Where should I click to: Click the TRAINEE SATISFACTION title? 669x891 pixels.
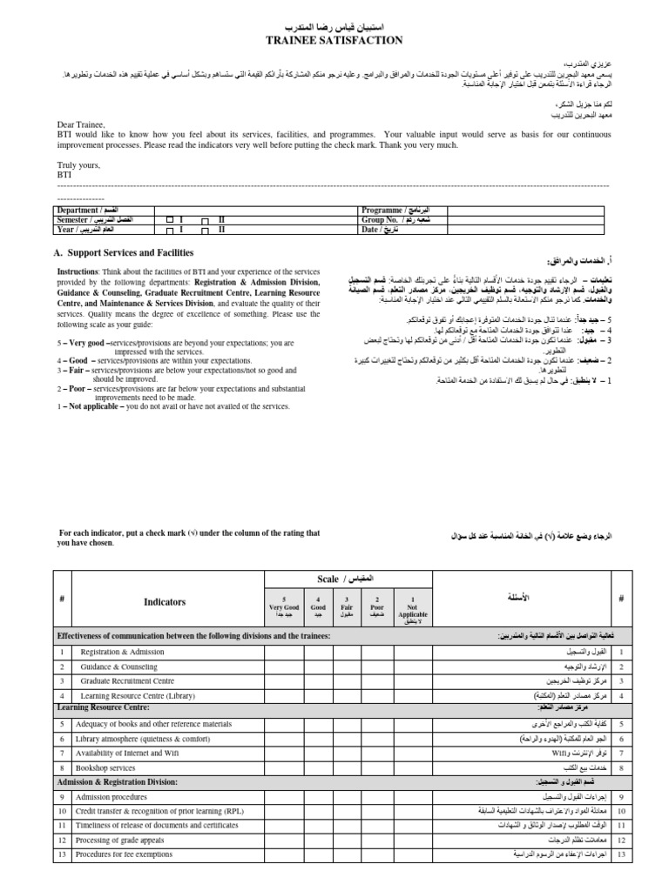click(334, 40)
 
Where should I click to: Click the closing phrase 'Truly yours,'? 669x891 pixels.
click(80, 164)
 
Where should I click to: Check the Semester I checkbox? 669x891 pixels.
click(170, 221)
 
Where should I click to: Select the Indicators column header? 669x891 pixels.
click(165, 601)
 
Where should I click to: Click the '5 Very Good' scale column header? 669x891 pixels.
click(283, 606)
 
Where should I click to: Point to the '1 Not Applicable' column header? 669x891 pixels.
click(413, 606)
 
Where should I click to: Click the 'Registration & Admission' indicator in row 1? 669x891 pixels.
click(122, 651)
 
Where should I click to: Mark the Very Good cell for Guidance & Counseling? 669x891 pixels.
click(283, 666)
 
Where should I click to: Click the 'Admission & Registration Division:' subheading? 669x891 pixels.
click(117, 782)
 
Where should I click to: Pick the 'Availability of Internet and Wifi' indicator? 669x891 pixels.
click(128, 753)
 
